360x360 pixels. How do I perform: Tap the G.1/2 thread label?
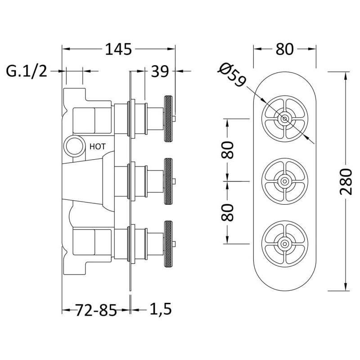tap(27, 71)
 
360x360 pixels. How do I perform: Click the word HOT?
tap(98, 146)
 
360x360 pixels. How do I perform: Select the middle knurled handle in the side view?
tap(169, 181)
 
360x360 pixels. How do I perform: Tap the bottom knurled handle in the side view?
tap(169, 243)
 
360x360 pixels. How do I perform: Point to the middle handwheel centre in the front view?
tap(284, 181)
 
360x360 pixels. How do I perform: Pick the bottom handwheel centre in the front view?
tap(284, 243)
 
